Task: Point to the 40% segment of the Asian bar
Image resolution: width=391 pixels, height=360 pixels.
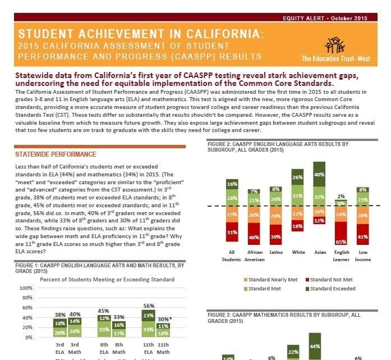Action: coord(319,174)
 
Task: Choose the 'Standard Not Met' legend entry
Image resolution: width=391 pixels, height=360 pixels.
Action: coord(331,279)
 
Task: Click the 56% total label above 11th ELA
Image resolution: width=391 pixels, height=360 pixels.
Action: coord(149,306)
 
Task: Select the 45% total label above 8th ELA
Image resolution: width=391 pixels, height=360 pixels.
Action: coord(104,310)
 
